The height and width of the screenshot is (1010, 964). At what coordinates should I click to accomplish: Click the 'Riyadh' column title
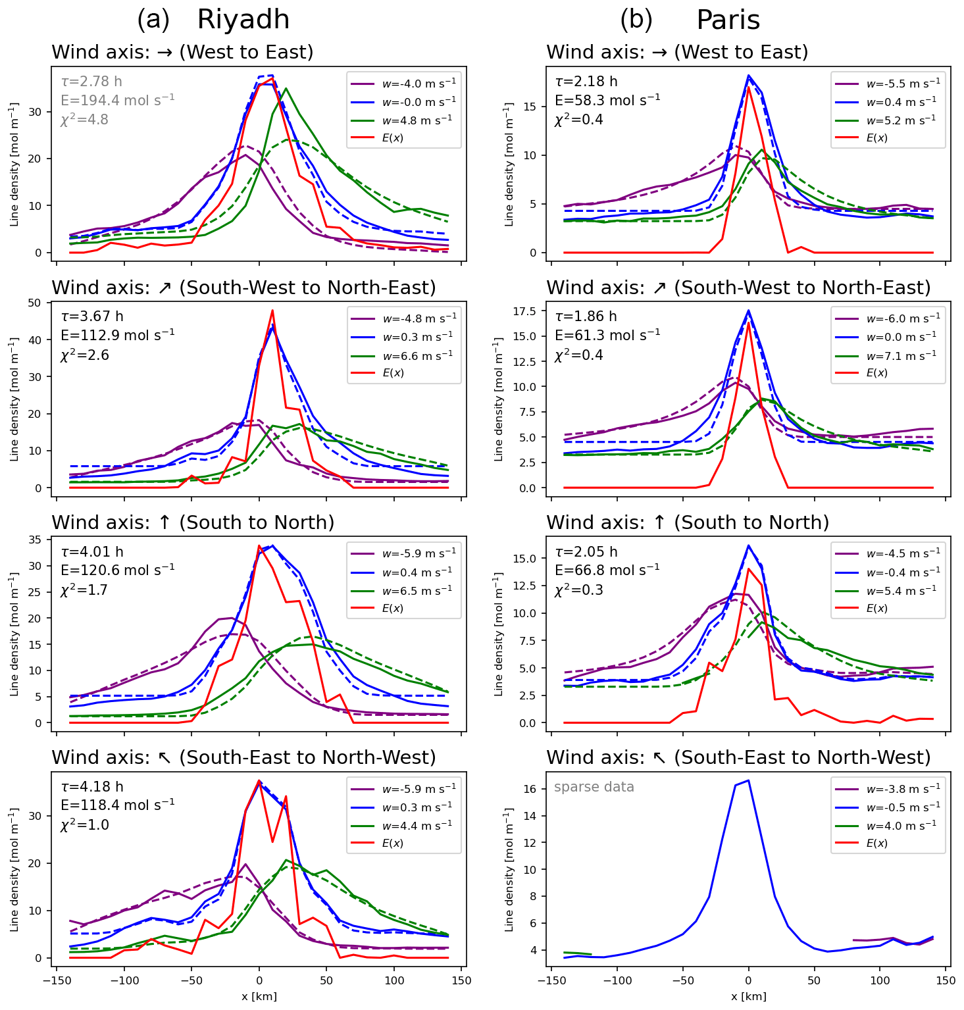click(x=243, y=20)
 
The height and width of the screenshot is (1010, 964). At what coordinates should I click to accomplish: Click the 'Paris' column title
click(x=728, y=20)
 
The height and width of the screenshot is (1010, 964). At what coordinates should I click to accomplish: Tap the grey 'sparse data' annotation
click(x=594, y=787)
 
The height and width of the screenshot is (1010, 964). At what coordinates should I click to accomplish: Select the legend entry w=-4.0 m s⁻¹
click(x=419, y=84)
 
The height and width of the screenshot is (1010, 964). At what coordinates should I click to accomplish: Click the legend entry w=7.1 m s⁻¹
click(x=901, y=355)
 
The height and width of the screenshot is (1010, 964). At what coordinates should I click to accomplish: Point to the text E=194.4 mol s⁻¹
click(x=117, y=100)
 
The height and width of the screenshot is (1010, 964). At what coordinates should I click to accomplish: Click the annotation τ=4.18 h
click(x=92, y=787)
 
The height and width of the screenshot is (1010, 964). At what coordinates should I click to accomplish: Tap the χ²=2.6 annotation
click(x=85, y=355)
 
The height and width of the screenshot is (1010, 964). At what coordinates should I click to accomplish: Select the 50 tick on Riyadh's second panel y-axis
click(x=35, y=303)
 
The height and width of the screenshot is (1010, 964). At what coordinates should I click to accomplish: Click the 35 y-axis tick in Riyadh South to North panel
click(x=35, y=540)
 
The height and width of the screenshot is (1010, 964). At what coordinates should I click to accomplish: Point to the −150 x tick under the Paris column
click(x=550, y=980)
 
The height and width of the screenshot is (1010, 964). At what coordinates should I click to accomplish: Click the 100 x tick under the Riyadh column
click(x=394, y=980)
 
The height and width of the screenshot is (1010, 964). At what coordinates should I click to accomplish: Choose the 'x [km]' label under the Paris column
click(x=748, y=996)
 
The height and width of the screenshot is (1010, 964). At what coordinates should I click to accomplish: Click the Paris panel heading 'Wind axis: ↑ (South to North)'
click(x=688, y=522)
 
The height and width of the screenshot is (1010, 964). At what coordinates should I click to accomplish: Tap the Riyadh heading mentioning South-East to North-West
click(x=243, y=757)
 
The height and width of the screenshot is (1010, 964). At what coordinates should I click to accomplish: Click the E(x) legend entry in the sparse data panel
click(x=876, y=843)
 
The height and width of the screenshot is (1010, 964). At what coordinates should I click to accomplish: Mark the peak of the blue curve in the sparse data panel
click(x=748, y=780)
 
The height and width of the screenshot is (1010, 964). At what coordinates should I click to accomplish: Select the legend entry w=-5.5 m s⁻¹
click(x=903, y=84)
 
